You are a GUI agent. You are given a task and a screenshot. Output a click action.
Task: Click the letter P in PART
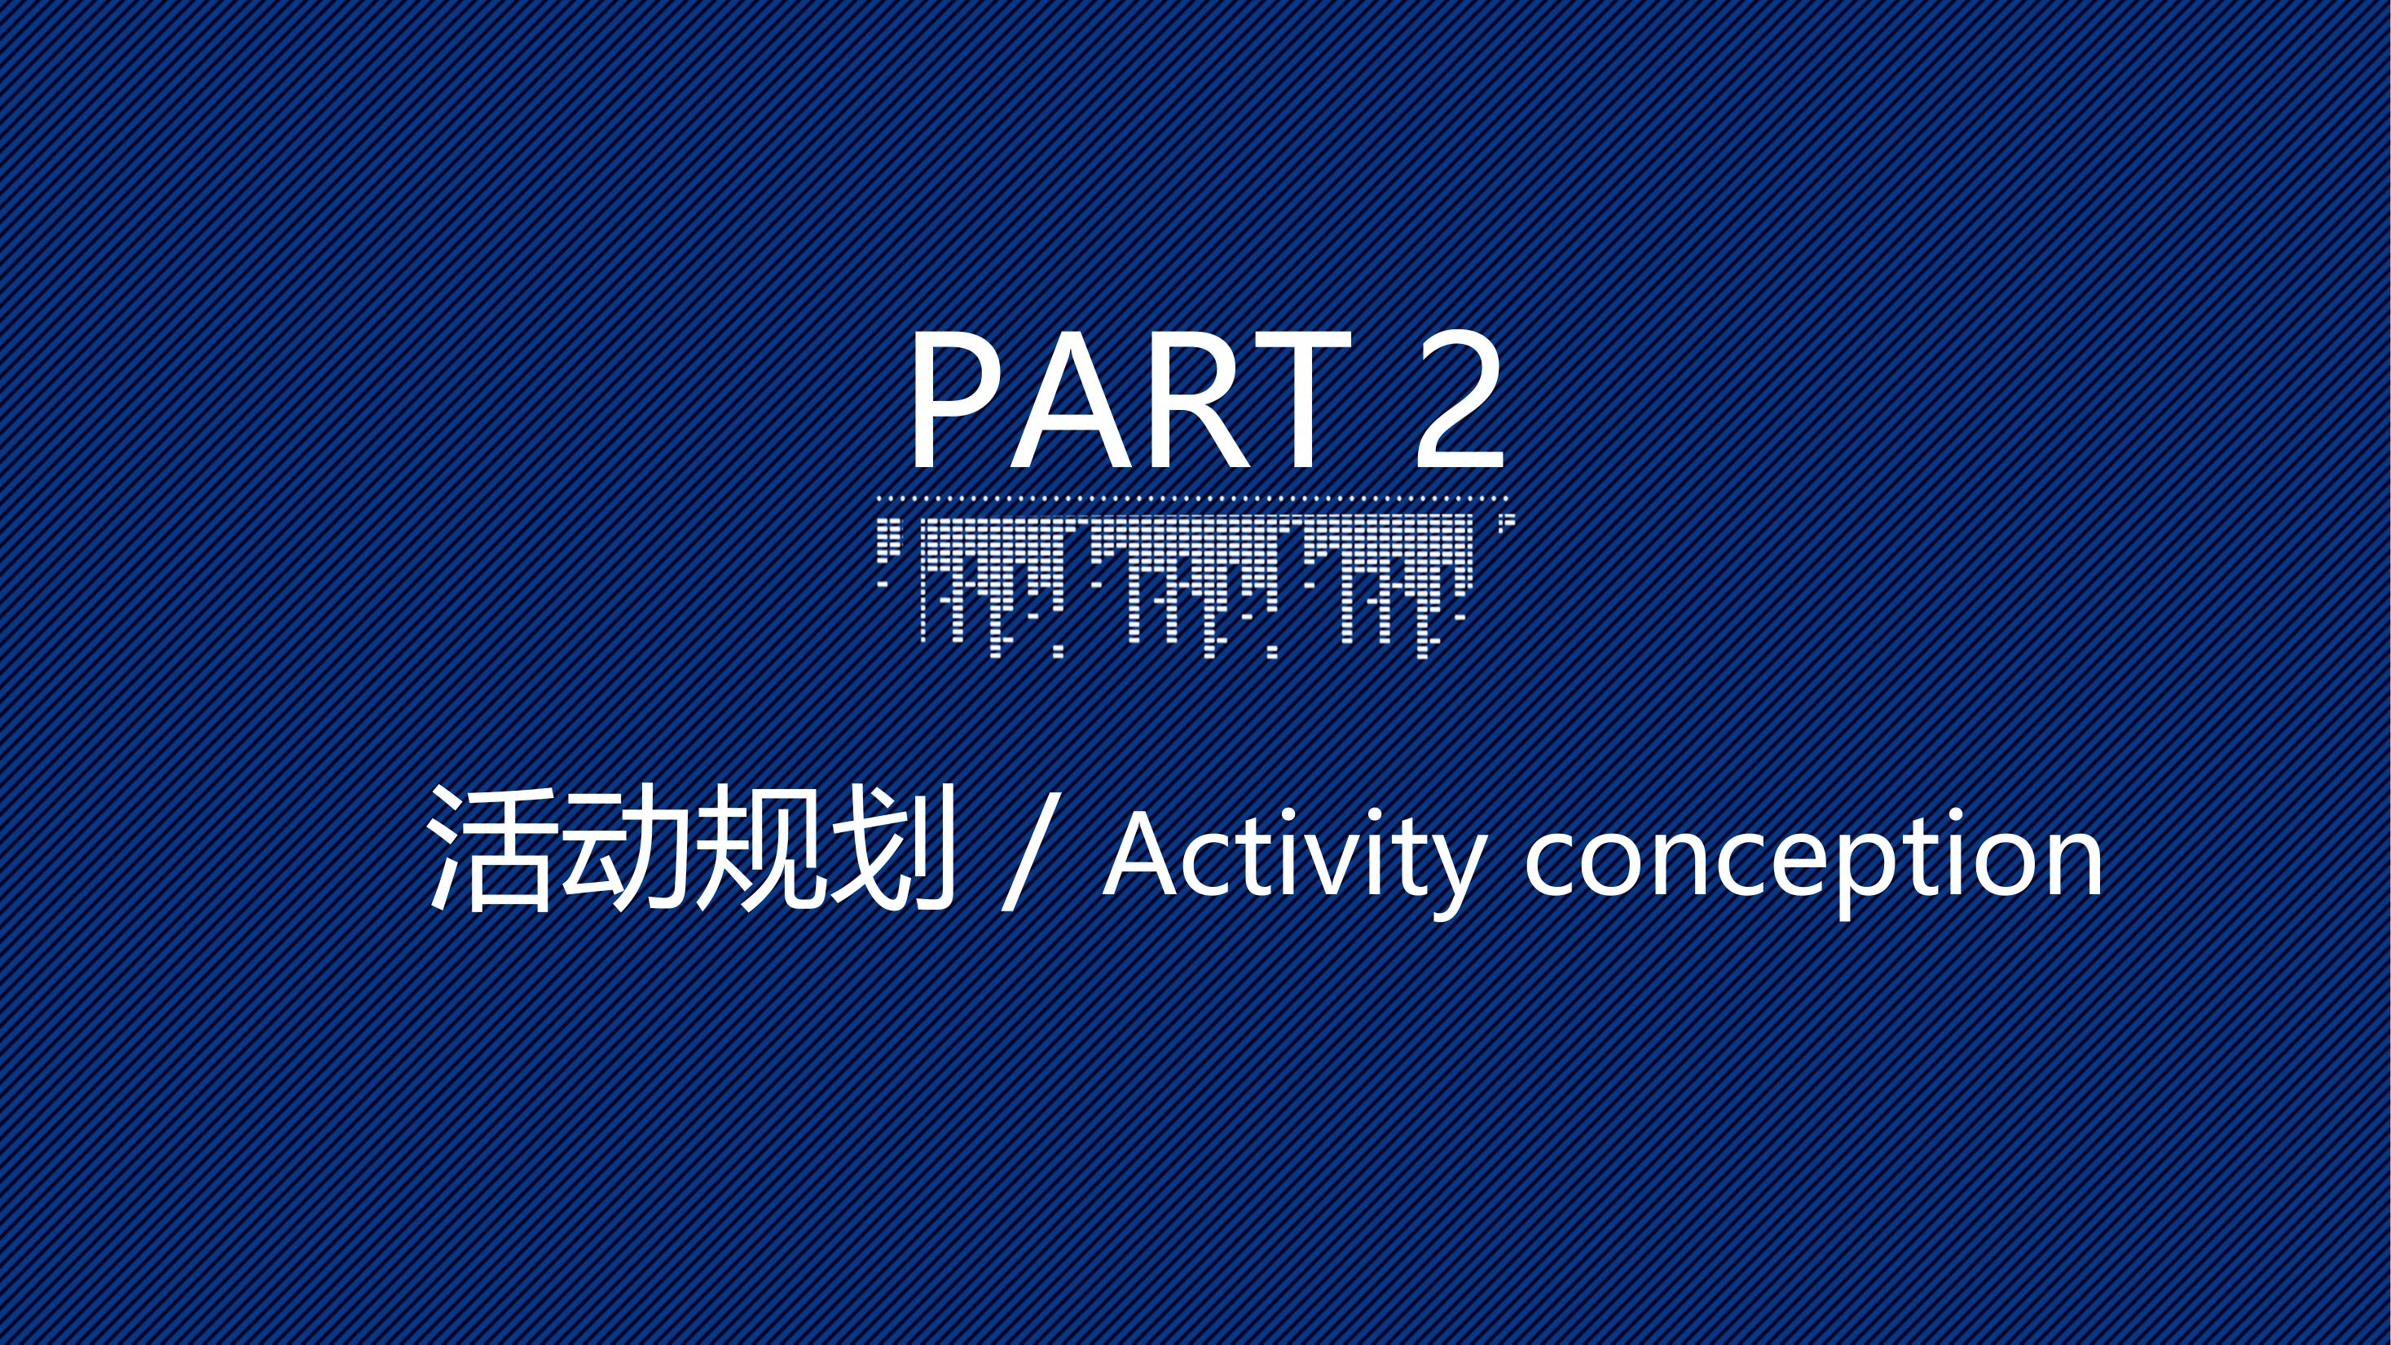coord(956,401)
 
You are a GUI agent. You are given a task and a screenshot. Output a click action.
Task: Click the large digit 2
coord(1457,400)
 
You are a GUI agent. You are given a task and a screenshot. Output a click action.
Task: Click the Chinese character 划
coord(892,848)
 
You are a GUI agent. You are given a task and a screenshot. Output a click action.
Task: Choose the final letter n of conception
coord(2073,864)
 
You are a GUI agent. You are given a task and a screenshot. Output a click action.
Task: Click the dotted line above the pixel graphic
coord(1193,498)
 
